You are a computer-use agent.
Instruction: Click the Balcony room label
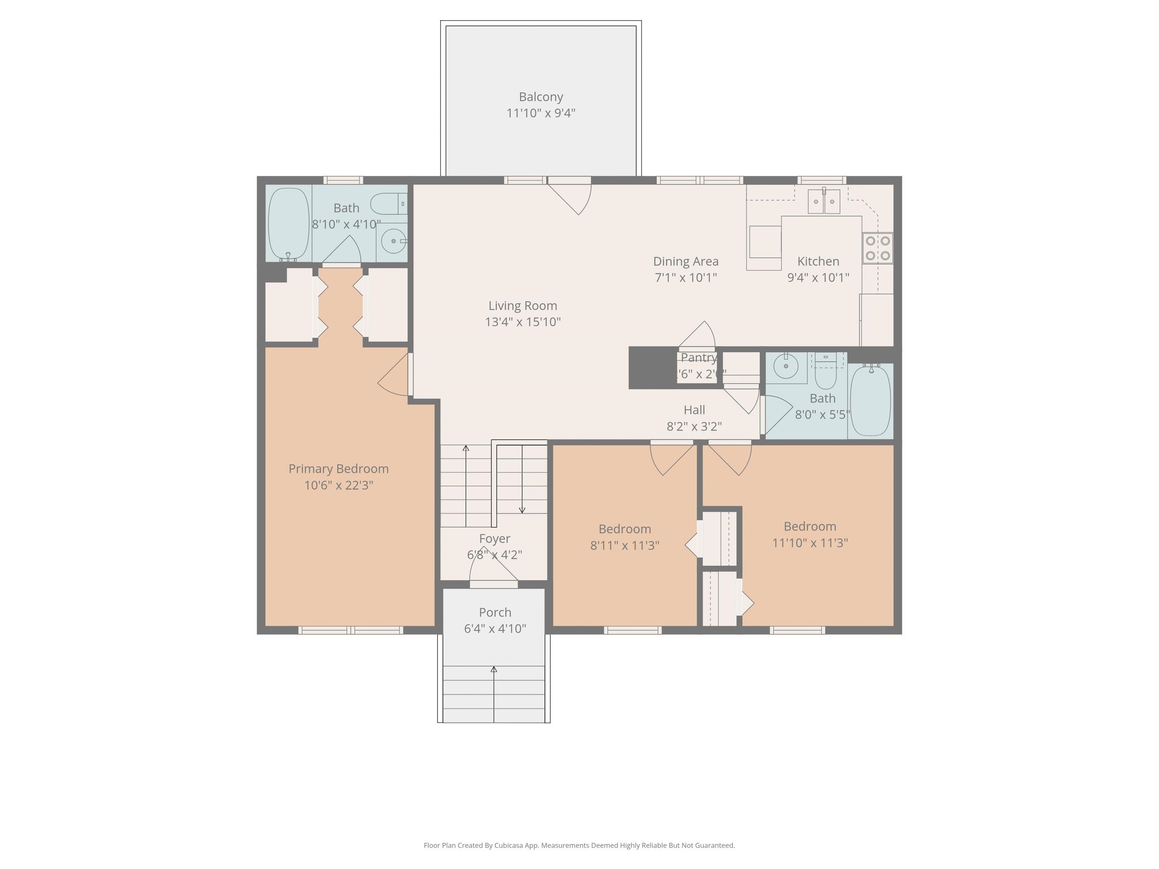541,97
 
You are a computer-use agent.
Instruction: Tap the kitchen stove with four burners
878,248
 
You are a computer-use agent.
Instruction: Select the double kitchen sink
824,202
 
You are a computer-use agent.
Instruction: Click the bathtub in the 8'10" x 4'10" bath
289,224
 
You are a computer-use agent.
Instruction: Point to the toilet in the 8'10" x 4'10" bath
388,204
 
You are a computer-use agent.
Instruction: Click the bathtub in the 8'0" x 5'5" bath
870,401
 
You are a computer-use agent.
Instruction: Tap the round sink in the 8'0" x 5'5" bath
786,366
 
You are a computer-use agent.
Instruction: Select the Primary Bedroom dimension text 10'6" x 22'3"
339,485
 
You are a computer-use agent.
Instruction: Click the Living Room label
522,306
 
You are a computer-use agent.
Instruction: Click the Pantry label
699,358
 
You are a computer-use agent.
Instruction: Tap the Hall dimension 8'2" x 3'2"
694,426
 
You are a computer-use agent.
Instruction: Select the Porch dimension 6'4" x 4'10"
495,629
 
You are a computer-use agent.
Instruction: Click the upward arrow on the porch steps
493,669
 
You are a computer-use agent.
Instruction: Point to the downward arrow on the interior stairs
522,509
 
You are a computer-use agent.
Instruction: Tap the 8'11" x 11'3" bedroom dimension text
625,545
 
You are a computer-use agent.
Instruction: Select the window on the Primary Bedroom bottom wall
350,630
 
